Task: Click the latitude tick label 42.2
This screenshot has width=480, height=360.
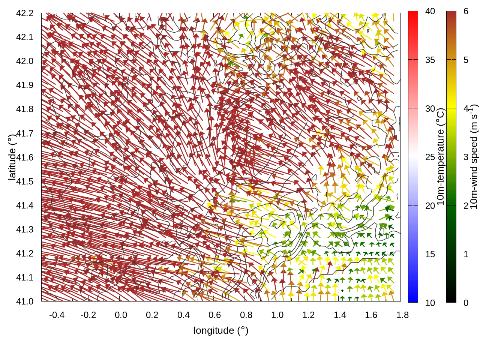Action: click(25, 13)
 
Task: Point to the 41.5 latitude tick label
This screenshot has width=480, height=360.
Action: click(25, 181)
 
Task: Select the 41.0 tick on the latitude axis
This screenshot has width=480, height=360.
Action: click(25, 301)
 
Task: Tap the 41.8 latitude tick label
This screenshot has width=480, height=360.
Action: click(25, 109)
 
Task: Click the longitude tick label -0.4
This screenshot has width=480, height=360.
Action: click(57, 315)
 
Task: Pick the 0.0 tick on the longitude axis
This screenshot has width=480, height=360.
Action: click(121, 315)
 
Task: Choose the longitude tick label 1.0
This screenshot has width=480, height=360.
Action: click(277, 315)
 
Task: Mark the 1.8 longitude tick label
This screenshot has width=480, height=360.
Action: click(402, 315)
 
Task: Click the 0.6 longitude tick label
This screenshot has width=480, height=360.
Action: click(214, 315)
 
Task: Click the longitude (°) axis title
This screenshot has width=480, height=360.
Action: click(221, 330)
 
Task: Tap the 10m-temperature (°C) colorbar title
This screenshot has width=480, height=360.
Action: click(441, 157)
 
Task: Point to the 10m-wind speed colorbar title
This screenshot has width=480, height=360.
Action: click(474, 157)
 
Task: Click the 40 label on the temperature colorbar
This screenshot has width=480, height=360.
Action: click(430, 12)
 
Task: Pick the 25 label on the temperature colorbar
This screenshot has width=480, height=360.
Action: click(430, 157)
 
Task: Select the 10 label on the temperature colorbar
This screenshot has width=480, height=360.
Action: click(430, 303)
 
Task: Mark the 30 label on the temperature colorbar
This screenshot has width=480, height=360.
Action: click(430, 109)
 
